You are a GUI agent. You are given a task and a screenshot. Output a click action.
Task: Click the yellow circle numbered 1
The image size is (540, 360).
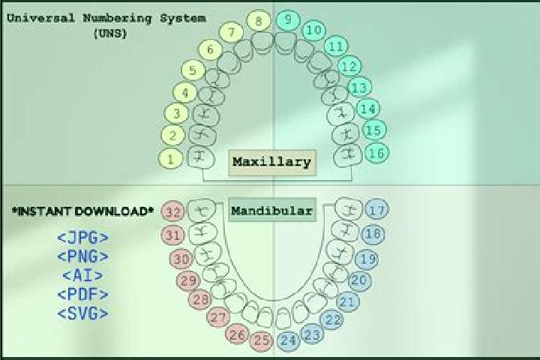[170, 159]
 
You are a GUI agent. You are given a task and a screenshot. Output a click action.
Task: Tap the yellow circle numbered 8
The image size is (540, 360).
[259, 21]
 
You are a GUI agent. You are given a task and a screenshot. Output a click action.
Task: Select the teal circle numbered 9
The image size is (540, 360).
[288, 19]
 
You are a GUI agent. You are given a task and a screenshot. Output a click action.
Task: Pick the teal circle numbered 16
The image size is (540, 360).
[377, 152]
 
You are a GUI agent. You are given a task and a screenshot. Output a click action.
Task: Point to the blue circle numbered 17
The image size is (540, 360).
[377, 210]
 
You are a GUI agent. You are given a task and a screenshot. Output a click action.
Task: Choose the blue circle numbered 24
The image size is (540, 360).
[289, 340]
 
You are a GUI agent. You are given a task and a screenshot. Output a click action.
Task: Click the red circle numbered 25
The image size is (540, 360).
[262, 340]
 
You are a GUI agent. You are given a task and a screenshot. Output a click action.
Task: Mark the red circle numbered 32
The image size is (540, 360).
[173, 211]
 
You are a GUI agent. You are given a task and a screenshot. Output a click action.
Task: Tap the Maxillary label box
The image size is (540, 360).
[272, 163]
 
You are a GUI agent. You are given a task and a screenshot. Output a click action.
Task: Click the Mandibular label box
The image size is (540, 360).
[272, 210]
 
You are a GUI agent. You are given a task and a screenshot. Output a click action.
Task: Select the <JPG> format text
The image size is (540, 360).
[82, 238]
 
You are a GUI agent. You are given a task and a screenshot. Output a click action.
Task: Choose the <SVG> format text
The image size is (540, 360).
[82, 313]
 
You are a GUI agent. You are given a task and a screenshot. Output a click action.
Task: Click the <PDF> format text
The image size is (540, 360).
[82, 295]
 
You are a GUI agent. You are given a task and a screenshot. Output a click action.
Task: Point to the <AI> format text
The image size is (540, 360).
[82, 275]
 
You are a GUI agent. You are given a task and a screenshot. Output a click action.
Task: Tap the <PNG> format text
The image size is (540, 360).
[82, 256]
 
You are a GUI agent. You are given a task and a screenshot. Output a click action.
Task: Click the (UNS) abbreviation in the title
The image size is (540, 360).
[110, 34]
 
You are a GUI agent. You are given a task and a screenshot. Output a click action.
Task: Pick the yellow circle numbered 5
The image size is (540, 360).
[193, 70]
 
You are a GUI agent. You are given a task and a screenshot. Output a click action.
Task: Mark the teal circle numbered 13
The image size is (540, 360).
[360, 88]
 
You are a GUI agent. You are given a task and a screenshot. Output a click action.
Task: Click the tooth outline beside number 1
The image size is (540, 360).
[200, 157]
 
